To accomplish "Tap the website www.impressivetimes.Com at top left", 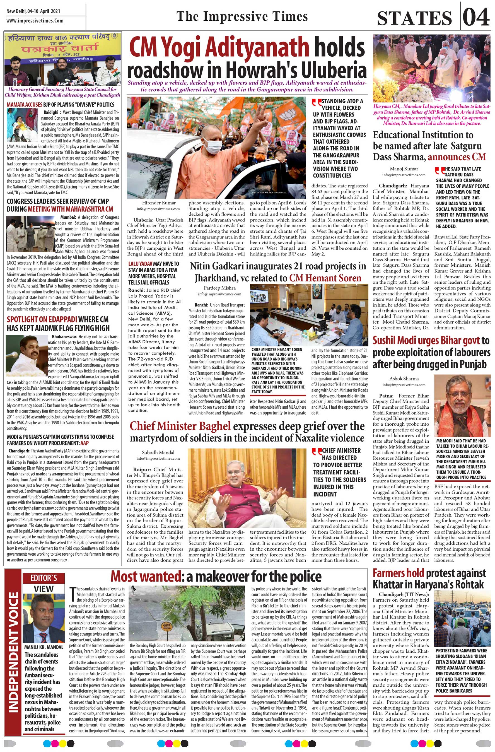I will pos(35,21).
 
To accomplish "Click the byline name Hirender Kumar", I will pos(159,203).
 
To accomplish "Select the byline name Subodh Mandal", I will pos(158,452).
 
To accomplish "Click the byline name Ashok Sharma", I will pos(404,378).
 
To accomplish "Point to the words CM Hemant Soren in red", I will pos(325,278).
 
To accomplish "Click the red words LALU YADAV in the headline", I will pos(140,264).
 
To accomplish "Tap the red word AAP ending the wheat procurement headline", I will pos(85,443).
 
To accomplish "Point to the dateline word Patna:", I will pos(386,396).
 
